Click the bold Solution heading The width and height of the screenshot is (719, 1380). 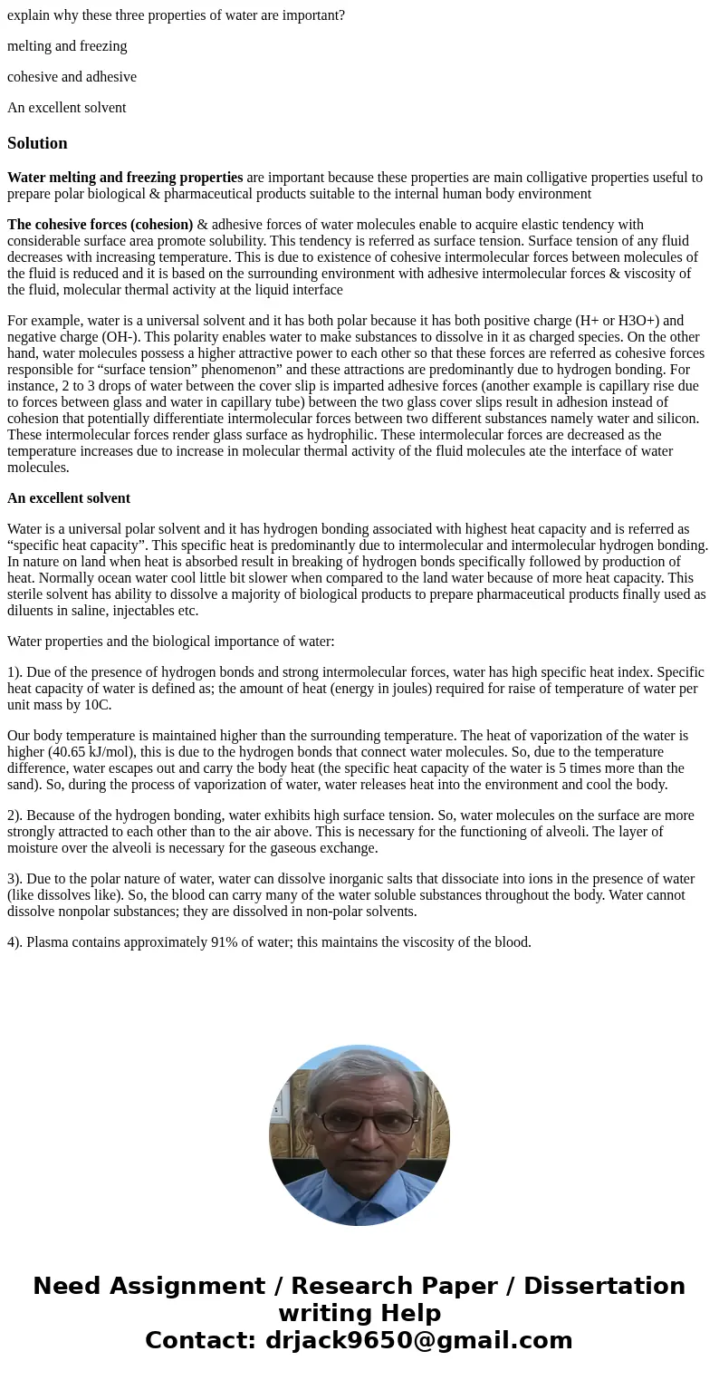[37, 143]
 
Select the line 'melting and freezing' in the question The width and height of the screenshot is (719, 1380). [67, 46]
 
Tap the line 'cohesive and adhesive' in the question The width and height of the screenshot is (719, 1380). [72, 77]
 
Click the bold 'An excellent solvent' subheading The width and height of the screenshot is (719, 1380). [69, 498]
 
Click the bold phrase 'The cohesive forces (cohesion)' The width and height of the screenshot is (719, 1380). [101, 225]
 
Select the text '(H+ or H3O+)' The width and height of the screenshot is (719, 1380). [615, 321]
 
